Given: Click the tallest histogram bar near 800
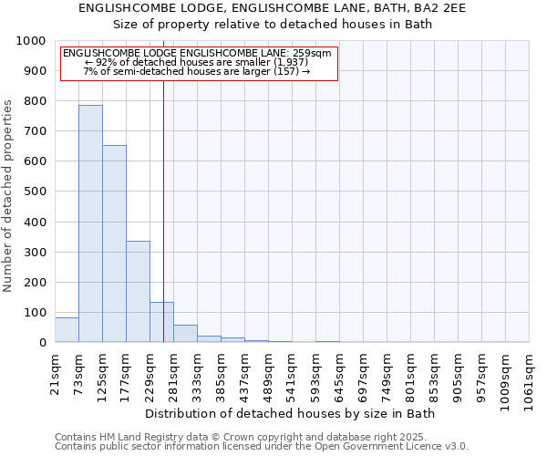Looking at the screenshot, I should [x=90, y=223].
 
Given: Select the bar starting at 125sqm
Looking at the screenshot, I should [x=114, y=244].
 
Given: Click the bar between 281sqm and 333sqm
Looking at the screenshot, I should [x=185, y=334].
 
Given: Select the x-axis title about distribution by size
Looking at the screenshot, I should [x=291, y=414].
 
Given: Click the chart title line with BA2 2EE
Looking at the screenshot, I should [x=273, y=8].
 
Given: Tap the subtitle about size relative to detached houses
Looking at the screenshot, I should [x=273, y=25].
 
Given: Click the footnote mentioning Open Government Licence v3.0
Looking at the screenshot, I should [x=262, y=447].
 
